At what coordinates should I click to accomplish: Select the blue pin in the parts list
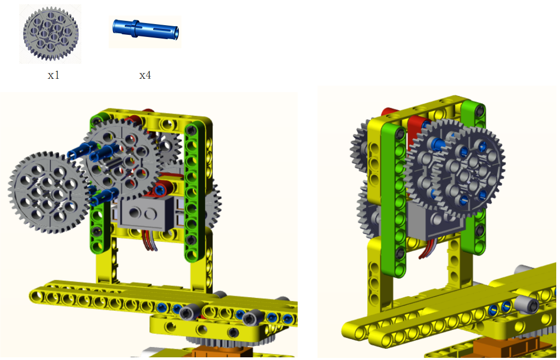coord(146,29)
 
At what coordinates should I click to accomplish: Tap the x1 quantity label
coord(53,75)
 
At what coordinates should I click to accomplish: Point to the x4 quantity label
coord(145,75)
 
